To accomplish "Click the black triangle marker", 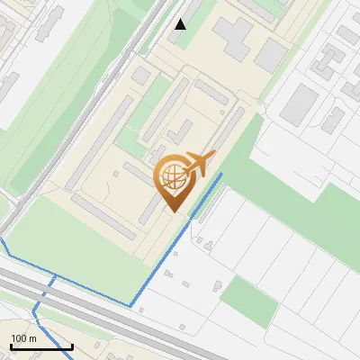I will coord(181,24).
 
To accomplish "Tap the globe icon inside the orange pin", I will coord(173,177).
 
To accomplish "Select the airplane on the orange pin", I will coord(199,164).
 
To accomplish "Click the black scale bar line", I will coord(41,346).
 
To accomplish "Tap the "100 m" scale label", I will coord(23,338).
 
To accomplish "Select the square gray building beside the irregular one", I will coord(271,55).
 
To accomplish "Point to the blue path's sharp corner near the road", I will coord(132,306).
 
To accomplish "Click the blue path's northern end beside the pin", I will coord(221,175).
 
